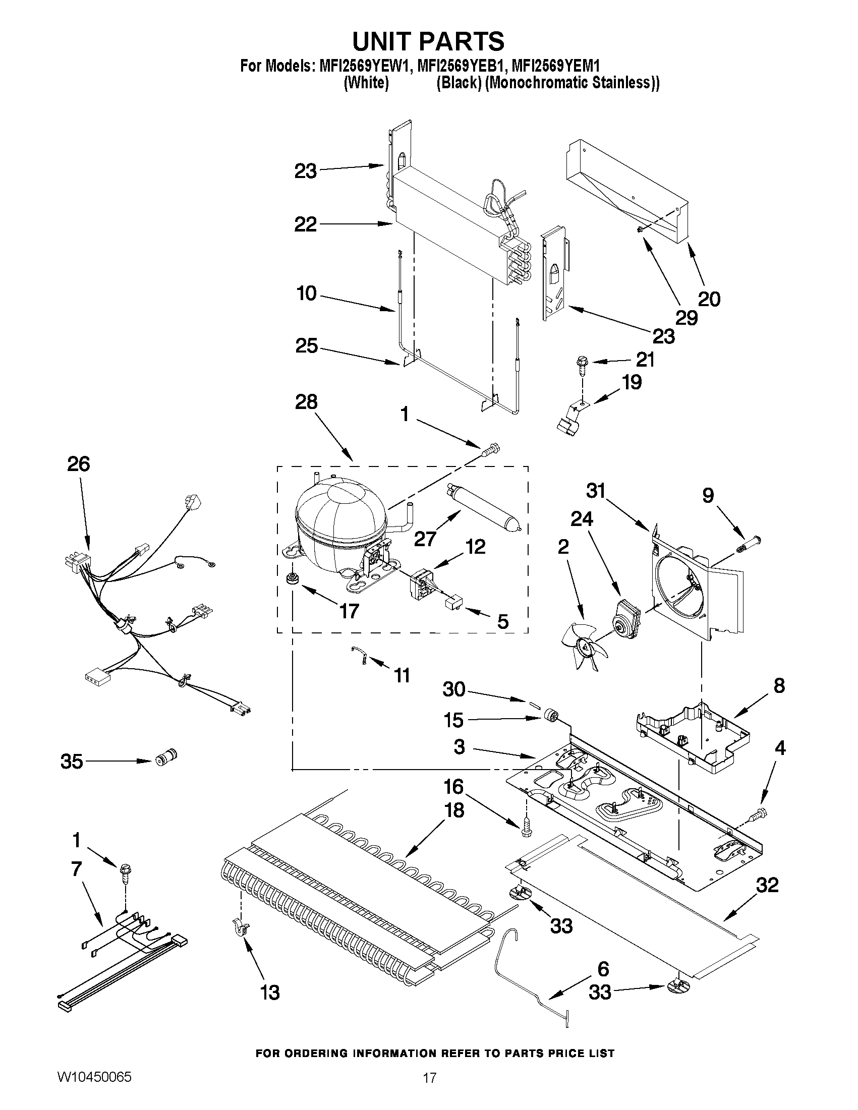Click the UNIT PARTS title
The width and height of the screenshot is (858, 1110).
tap(428, 41)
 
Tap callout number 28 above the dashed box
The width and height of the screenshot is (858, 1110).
tap(306, 402)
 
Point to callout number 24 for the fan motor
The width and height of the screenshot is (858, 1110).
tap(582, 519)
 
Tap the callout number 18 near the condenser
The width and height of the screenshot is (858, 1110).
tap(454, 810)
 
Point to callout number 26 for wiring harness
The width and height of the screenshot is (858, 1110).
tap(79, 464)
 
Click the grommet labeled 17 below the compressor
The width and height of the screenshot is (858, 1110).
tap(292, 579)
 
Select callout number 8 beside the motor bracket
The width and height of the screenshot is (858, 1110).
tap(779, 686)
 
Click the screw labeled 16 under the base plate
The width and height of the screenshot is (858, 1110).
tap(526, 829)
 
